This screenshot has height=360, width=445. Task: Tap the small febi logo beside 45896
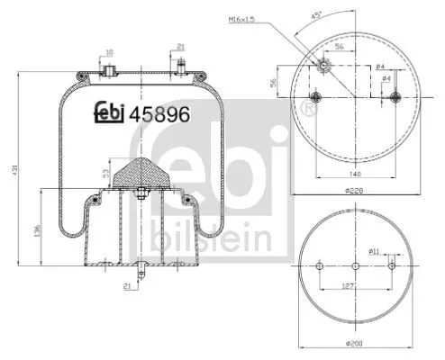(109, 113)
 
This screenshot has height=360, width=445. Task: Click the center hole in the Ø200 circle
(357, 266)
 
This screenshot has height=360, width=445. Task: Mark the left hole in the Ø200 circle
(322, 266)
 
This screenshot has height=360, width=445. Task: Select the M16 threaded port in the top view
(323, 66)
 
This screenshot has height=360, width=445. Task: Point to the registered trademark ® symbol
(308, 110)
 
